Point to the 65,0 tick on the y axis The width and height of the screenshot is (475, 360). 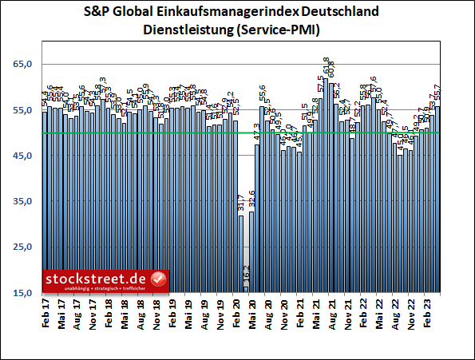(23, 64)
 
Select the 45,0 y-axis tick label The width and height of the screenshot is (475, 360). (23, 156)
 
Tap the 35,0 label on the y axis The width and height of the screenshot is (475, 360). (23, 202)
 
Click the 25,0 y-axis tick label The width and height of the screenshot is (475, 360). (23, 247)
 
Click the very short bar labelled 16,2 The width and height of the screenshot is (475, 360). (246, 290)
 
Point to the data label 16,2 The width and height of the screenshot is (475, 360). (247, 275)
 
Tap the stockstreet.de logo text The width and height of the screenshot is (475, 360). (97, 278)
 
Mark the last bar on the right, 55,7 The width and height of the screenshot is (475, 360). (437, 200)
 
